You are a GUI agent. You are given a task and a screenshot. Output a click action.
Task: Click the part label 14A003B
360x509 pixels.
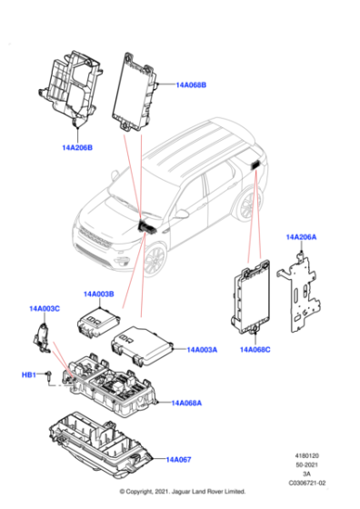click(x=99, y=294)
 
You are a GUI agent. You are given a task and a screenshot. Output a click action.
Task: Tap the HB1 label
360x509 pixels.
click(x=28, y=374)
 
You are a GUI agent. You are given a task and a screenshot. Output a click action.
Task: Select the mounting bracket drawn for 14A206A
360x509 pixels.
click(x=303, y=289)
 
